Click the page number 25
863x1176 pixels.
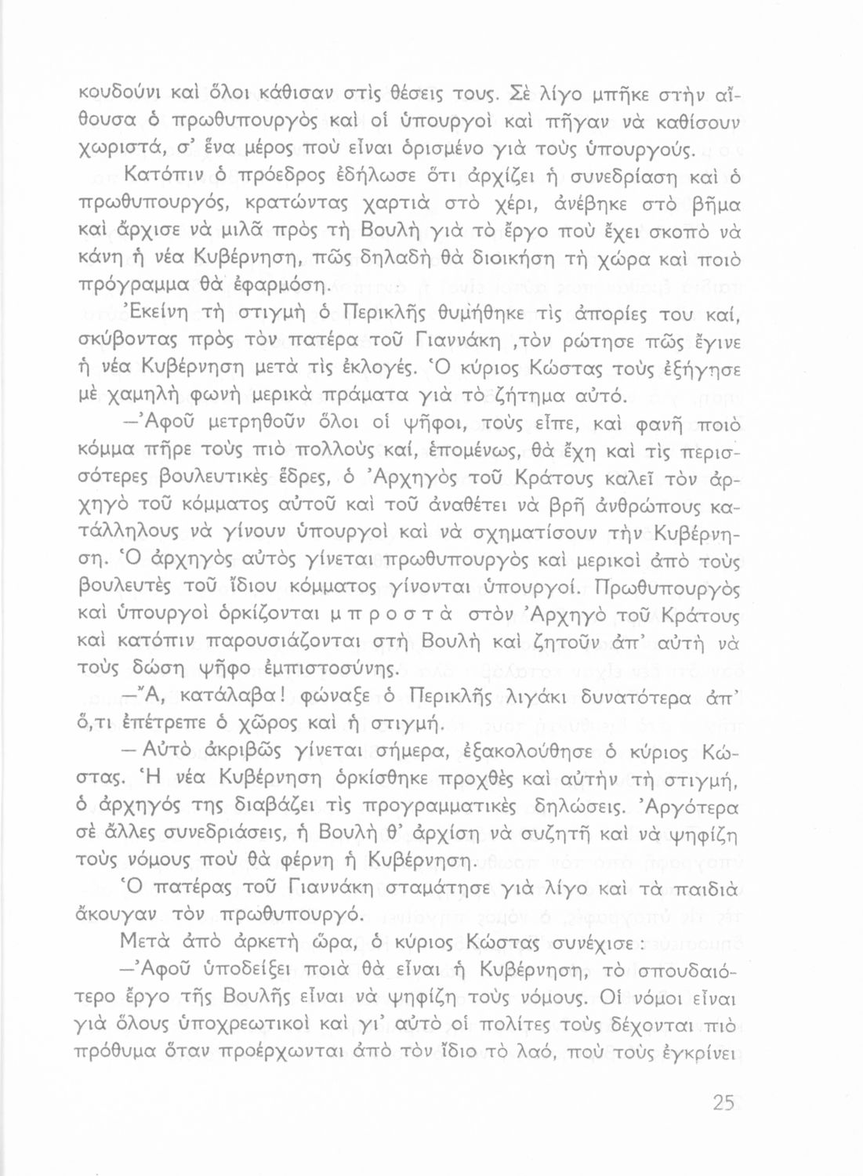(x=723, y=1103)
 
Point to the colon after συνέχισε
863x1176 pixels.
(x=641, y=945)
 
